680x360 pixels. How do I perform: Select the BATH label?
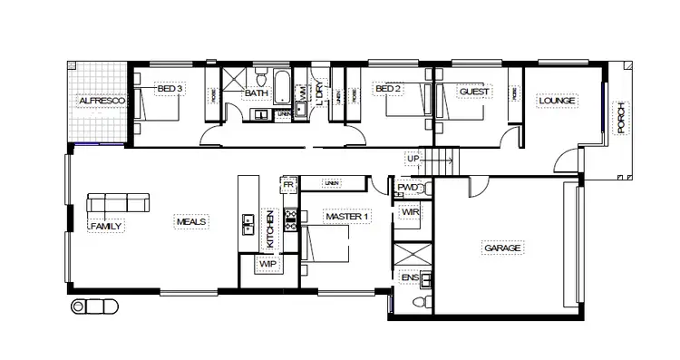tap(255, 92)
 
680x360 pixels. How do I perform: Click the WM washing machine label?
tap(304, 92)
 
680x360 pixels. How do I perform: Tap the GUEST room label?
tap(474, 92)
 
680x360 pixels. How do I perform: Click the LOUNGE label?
tap(557, 101)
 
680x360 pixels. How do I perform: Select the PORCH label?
tap(621, 118)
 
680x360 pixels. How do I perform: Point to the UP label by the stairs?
tap(413, 159)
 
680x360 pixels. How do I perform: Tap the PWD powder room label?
tap(407, 190)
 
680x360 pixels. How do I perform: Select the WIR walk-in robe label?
tap(409, 211)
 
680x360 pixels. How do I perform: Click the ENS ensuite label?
tap(410, 277)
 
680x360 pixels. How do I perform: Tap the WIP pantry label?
tap(267, 264)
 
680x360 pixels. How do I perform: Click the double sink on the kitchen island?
tap(246, 224)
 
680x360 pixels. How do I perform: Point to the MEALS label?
tap(192, 220)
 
